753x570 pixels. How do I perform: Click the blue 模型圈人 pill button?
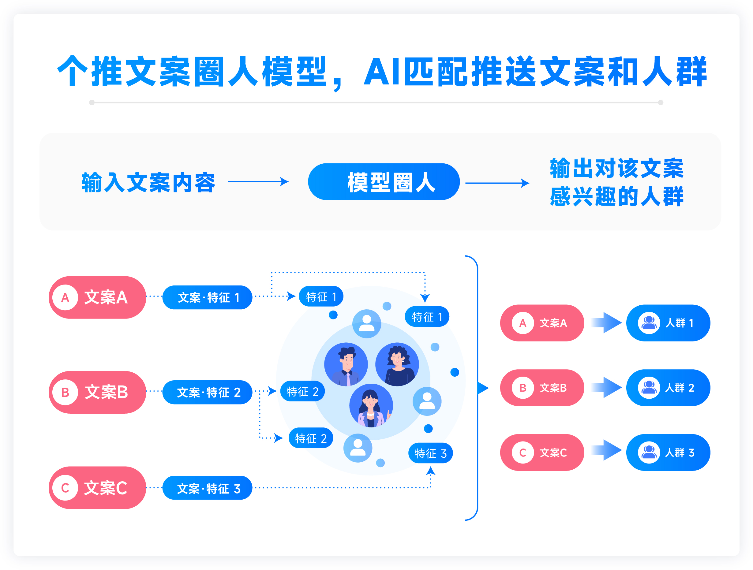384,182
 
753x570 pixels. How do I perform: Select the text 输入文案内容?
148,183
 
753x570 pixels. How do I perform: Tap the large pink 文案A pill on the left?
97,297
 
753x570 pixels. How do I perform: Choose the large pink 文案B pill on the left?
97,392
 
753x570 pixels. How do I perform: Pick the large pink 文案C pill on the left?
97,488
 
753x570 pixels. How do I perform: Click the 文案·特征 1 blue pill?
207,297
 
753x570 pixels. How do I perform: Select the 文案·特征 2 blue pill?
207,392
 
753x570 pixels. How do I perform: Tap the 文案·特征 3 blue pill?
207,488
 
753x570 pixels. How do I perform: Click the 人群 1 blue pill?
668,323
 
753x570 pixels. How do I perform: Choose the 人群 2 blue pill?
668,388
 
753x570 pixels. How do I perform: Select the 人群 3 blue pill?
668,453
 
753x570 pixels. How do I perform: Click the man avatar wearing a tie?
346,364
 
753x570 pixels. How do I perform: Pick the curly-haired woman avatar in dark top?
397,364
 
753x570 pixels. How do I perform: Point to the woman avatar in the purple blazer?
371,406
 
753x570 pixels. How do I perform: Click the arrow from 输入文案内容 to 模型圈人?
258,181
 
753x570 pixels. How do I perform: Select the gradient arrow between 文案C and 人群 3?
607,450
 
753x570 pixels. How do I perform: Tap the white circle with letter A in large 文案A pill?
66,297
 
